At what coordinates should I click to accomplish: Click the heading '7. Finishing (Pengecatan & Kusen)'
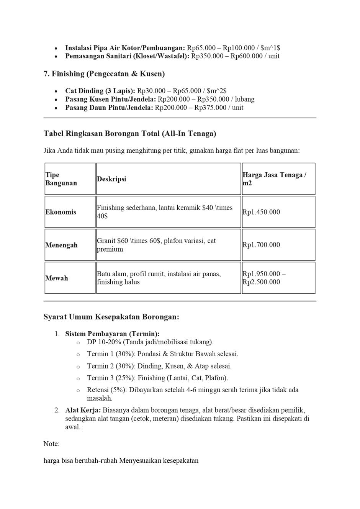pos(104,74)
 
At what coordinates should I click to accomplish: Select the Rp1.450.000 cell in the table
pos(261,212)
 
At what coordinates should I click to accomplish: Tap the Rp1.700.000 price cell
pos(261,245)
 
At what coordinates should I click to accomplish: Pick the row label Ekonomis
pos(61,212)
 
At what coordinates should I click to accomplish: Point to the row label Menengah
pos(61,245)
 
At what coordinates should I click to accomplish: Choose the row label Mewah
pos(57,278)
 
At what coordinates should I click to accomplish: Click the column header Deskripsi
pos(111,179)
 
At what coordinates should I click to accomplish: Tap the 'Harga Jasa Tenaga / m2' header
pos(274,179)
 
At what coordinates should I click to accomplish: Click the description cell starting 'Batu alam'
pos(159,278)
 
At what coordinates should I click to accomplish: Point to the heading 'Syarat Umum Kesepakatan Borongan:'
pos(111,317)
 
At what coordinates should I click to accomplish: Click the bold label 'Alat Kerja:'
pos(83,410)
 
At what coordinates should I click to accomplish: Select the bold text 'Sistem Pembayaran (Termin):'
pos(112,334)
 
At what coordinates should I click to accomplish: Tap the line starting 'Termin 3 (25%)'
pos(157,378)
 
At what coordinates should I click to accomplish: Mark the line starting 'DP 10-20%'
pos(150,342)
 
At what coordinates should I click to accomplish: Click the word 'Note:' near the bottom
pos(51,444)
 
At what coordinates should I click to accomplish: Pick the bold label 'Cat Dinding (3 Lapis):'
pos(100,91)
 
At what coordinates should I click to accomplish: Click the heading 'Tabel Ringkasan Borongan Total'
pos(130,134)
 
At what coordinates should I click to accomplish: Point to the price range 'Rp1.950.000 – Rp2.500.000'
pos(264,278)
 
